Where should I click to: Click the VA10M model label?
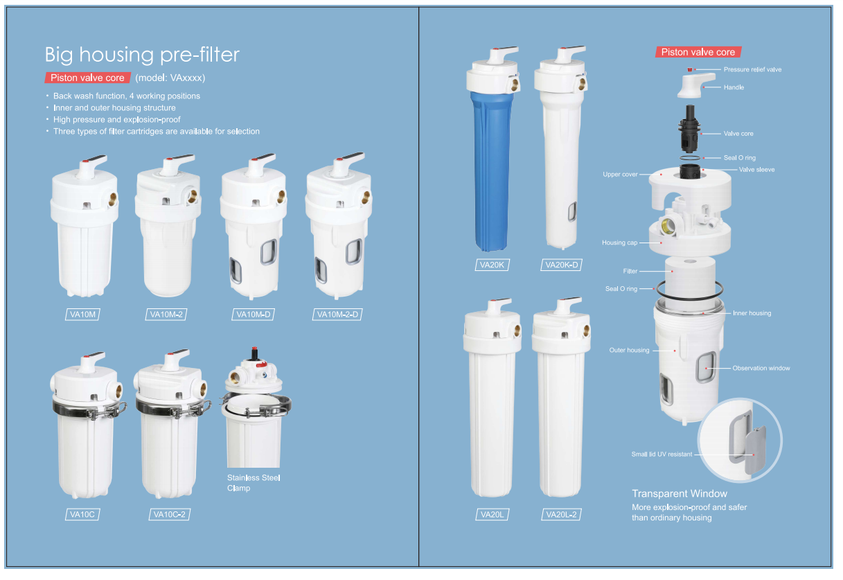point(82,315)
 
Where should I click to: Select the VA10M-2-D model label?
point(337,315)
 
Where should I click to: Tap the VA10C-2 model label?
point(169,514)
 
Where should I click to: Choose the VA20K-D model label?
point(562,265)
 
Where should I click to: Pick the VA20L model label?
point(492,514)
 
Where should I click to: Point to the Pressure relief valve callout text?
point(752,69)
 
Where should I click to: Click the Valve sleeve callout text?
point(756,170)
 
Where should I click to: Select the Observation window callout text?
point(761,368)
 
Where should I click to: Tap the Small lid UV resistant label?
point(662,455)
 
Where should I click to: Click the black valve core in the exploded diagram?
point(689,128)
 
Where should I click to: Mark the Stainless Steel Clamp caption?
point(254,483)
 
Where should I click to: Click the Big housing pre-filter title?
point(142,55)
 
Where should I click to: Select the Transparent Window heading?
point(680,493)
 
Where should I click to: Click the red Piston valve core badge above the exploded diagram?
point(698,52)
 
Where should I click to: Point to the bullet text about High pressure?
point(116,120)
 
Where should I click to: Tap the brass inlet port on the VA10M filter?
point(112,199)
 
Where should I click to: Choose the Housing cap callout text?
point(619,243)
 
